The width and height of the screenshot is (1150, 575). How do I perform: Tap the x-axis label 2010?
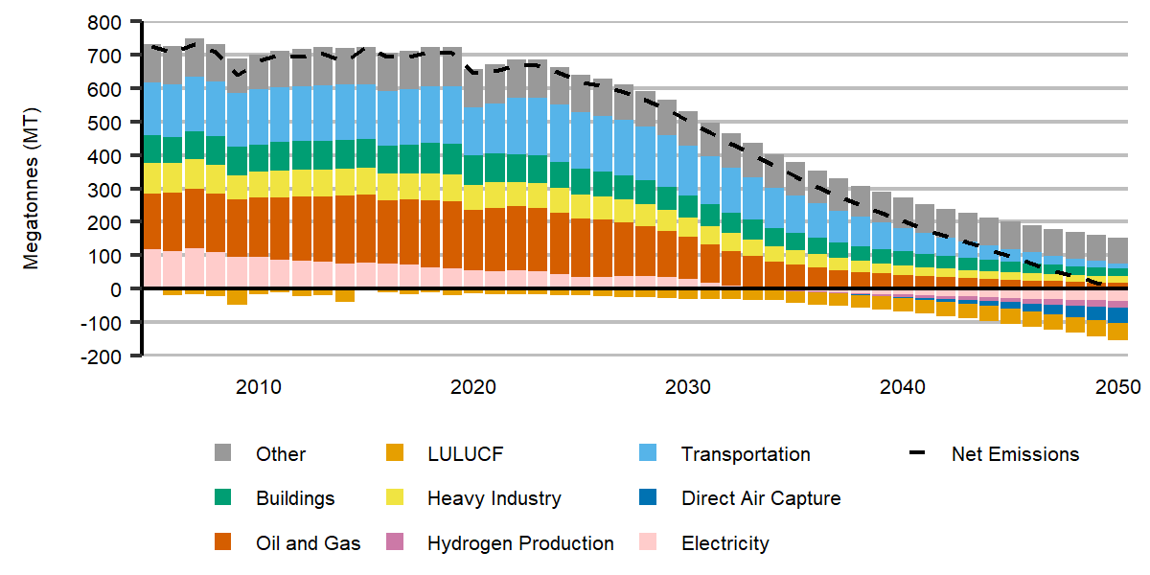258,387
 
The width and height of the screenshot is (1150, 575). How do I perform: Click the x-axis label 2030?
687,387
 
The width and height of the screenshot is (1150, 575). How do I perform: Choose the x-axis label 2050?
1116,387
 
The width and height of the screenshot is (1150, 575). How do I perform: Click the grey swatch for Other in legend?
222,454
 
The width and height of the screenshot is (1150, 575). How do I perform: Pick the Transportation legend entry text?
746,454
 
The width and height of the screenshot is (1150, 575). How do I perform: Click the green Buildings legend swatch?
222,498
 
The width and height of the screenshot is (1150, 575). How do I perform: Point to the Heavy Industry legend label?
494,498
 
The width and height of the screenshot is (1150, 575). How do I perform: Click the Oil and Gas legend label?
308,543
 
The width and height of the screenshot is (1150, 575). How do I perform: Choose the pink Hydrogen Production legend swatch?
394,543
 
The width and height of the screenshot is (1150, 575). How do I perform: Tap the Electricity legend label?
724,543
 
